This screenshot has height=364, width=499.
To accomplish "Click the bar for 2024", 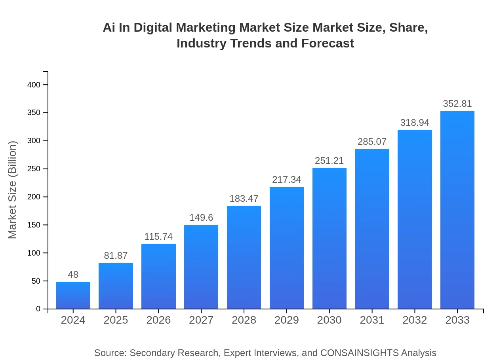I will click(73, 295).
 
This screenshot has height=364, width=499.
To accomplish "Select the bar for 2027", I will click(201, 267).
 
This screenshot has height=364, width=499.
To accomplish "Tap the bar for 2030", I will click(329, 238).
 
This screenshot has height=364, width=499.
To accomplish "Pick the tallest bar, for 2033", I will click(457, 210).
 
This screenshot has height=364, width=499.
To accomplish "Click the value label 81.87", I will click(116, 256).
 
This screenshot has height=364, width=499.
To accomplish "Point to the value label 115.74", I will click(158, 237).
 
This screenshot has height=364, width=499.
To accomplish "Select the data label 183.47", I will click(244, 199).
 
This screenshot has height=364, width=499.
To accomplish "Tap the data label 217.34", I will click(287, 180).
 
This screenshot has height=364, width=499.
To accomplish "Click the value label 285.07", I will click(372, 142).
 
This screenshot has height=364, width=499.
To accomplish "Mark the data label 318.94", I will click(415, 123).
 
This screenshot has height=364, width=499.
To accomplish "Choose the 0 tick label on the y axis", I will click(38, 309).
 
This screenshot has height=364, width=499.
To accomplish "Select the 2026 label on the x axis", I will click(158, 320).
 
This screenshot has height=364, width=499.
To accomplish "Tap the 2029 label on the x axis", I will click(287, 320).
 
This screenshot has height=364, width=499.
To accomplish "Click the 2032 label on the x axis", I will click(415, 320).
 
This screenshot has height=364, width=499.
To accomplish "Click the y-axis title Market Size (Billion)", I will click(13, 190).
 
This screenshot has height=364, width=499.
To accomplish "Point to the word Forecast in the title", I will click(327, 43).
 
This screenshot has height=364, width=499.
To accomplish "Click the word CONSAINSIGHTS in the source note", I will click(359, 353).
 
